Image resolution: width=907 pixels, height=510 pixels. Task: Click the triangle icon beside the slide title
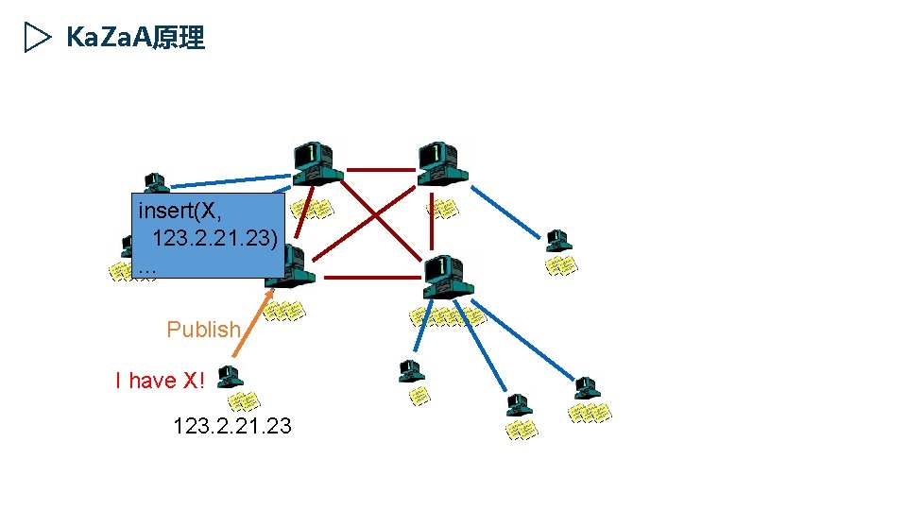click(x=36, y=38)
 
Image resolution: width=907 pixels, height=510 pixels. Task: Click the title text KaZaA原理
click(x=135, y=38)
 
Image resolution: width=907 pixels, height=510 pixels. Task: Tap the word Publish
click(x=203, y=330)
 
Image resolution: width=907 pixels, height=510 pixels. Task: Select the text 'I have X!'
click(x=159, y=381)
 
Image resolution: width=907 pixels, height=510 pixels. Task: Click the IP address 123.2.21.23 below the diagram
click(x=232, y=427)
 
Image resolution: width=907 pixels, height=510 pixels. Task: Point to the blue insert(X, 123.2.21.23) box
click(x=209, y=236)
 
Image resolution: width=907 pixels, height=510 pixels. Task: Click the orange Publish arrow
click(x=252, y=321)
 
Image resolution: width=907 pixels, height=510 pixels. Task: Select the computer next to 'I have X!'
click(x=230, y=378)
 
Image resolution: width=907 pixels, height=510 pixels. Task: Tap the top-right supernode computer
click(x=441, y=163)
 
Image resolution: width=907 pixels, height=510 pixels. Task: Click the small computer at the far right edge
click(x=558, y=240)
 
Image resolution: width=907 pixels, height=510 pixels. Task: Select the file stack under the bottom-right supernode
click(x=447, y=316)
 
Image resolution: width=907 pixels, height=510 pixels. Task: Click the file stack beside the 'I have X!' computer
click(x=245, y=400)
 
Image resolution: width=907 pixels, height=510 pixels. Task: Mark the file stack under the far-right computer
click(x=562, y=266)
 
